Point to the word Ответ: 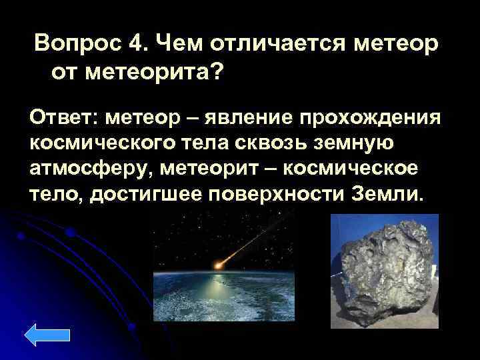pyautogui.click(x=62, y=118)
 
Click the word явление pyautogui.click(x=245, y=118)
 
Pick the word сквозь pyautogui.click(x=257, y=145)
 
